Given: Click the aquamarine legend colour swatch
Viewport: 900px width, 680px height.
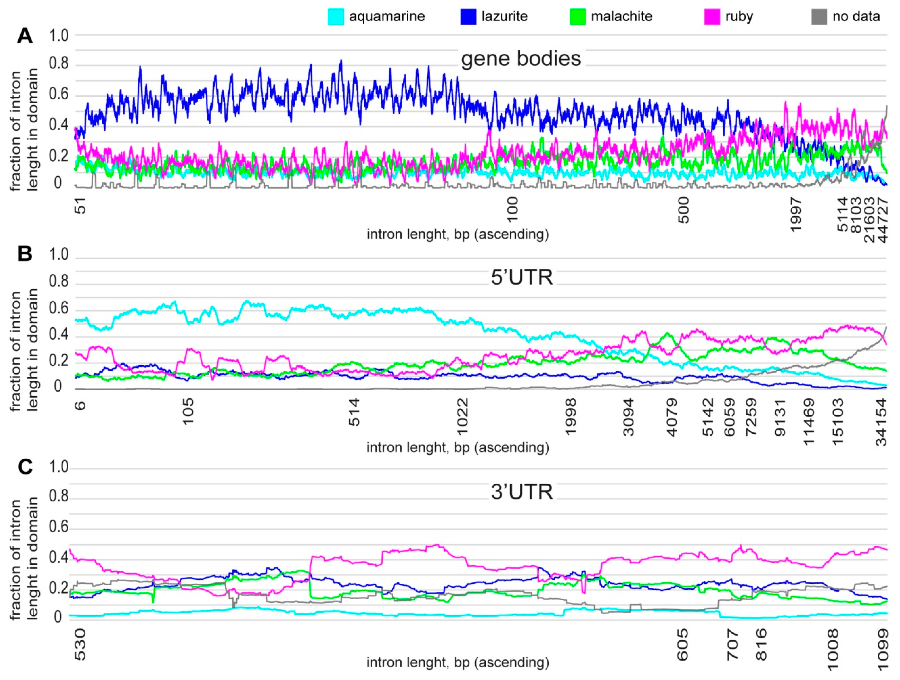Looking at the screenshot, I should (336, 17).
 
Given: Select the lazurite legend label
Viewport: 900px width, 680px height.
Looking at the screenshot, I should (504, 16).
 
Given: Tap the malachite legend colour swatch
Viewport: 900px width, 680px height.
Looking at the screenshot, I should (577, 17).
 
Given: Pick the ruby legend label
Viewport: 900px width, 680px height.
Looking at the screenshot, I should (739, 16).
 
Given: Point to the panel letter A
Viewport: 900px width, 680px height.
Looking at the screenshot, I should (25, 36).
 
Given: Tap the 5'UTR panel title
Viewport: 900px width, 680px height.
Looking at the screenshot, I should (521, 278).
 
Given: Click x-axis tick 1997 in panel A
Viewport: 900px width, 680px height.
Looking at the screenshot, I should (795, 214).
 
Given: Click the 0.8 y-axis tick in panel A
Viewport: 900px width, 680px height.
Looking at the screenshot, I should (59, 65).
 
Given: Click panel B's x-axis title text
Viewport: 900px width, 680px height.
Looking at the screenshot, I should (458, 448).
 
